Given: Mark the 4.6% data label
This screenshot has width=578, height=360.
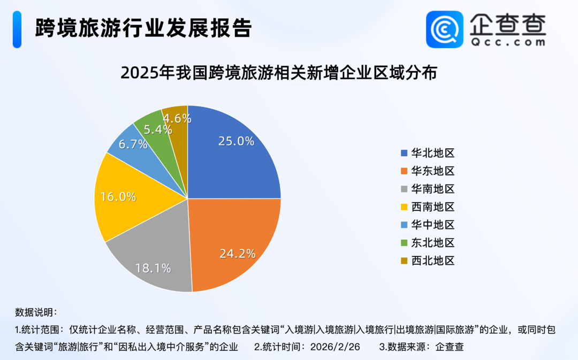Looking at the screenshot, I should pyautogui.click(x=177, y=118).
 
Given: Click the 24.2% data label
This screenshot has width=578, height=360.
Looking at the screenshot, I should pyautogui.click(x=237, y=253).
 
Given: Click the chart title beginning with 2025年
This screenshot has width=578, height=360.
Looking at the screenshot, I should pyautogui.click(x=279, y=73).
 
